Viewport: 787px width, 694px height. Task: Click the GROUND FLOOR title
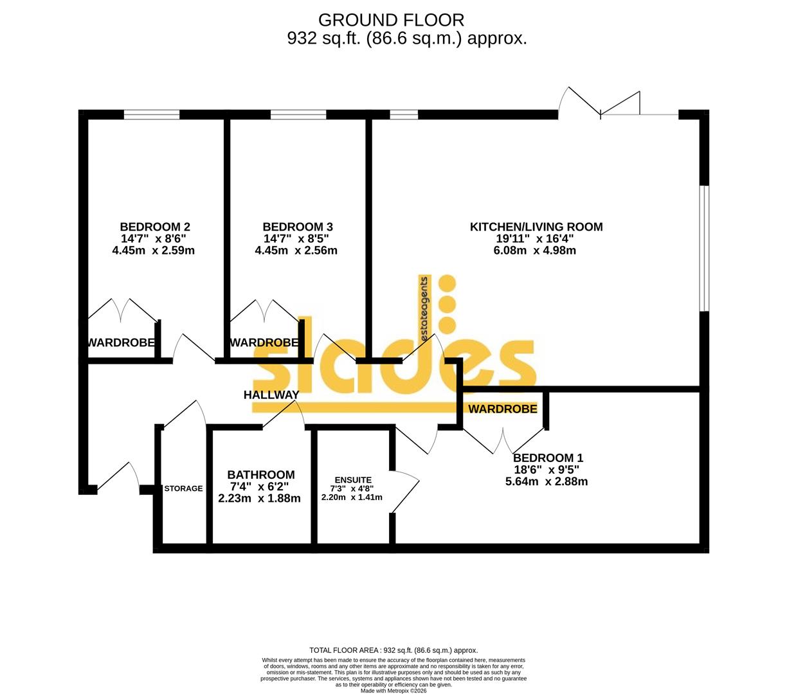point(390,20)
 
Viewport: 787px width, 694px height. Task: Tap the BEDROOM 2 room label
point(154,227)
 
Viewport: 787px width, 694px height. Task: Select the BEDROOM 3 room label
point(297,227)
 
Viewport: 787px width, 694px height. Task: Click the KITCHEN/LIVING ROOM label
point(536,227)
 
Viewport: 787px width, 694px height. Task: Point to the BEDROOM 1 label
point(547,458)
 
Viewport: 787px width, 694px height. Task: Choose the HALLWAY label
point(271,395)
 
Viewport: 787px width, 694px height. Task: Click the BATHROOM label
point(260,475)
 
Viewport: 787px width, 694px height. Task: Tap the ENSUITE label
point(352,480)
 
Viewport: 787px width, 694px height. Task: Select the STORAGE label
point(183,488)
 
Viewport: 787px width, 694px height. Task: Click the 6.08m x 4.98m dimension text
point(534,251)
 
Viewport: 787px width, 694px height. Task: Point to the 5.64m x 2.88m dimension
point(547,481)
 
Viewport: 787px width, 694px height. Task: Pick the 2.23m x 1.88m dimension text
point(260,498)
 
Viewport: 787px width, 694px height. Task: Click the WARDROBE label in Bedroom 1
point(502,409)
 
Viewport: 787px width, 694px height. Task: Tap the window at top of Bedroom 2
point(152,115)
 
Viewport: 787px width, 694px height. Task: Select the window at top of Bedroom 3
point(298,115)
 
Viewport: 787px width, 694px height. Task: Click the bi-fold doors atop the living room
point(601,106)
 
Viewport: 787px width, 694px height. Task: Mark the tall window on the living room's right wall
point(705,248)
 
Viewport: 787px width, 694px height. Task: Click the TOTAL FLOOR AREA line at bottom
point(394,650)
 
